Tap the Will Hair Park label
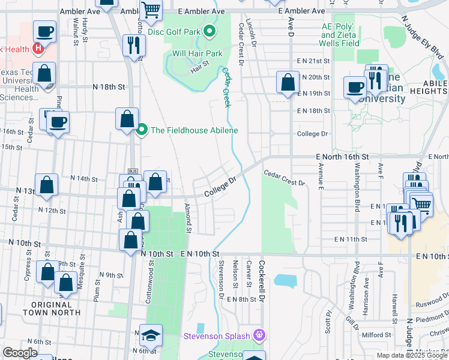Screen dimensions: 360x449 tap(197, 53)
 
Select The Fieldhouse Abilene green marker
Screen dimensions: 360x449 tap(142, 130)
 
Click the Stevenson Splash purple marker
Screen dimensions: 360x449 tap(259, 334)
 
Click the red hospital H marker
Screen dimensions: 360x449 tap(39, 48)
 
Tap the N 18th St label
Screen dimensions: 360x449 tap(108, 87)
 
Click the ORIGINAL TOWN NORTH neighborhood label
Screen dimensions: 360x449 tap(52, 308)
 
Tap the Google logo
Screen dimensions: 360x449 tap(20, 353)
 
